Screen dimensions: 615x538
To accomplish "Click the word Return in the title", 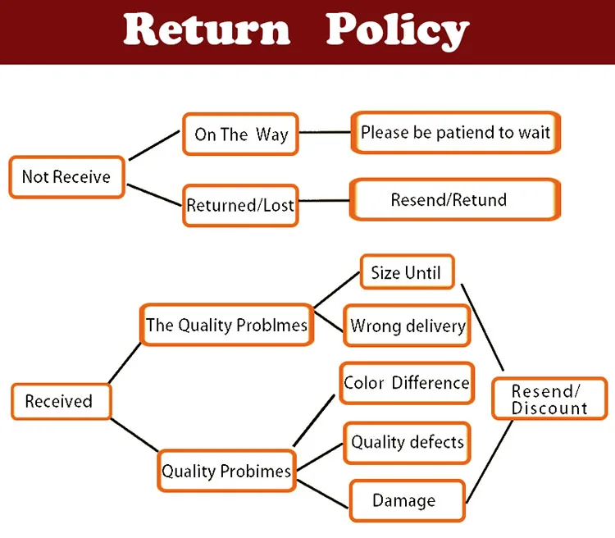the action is [207, 29].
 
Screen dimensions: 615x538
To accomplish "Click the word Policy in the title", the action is [398, 30].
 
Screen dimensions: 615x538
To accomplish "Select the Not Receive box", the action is [67, 176].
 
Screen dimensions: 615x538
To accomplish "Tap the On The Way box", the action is [240, 134].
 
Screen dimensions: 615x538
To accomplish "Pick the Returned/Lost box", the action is [240, 205].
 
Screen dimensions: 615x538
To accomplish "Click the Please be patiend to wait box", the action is [455, 132].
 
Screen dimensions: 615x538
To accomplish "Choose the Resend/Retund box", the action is [455, 199].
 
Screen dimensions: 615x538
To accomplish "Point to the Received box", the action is [61, 401].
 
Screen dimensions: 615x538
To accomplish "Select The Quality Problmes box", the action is [226, 325].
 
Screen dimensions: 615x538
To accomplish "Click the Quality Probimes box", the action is [226, 471].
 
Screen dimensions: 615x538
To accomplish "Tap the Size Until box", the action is [407, 272].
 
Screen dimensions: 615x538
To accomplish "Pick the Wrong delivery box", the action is [407, 326].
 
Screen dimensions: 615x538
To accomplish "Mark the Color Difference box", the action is [407, 383].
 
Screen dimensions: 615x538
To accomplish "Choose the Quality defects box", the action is [407, 443].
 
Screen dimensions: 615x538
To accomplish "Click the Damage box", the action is [407, 501].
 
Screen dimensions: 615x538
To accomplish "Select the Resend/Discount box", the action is [549, 399].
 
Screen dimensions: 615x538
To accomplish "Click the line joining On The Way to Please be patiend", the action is [325, 133].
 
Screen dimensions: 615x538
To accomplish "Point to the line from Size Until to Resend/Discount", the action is [482, 327].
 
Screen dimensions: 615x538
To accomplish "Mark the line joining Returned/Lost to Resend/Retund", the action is [324, 201].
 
